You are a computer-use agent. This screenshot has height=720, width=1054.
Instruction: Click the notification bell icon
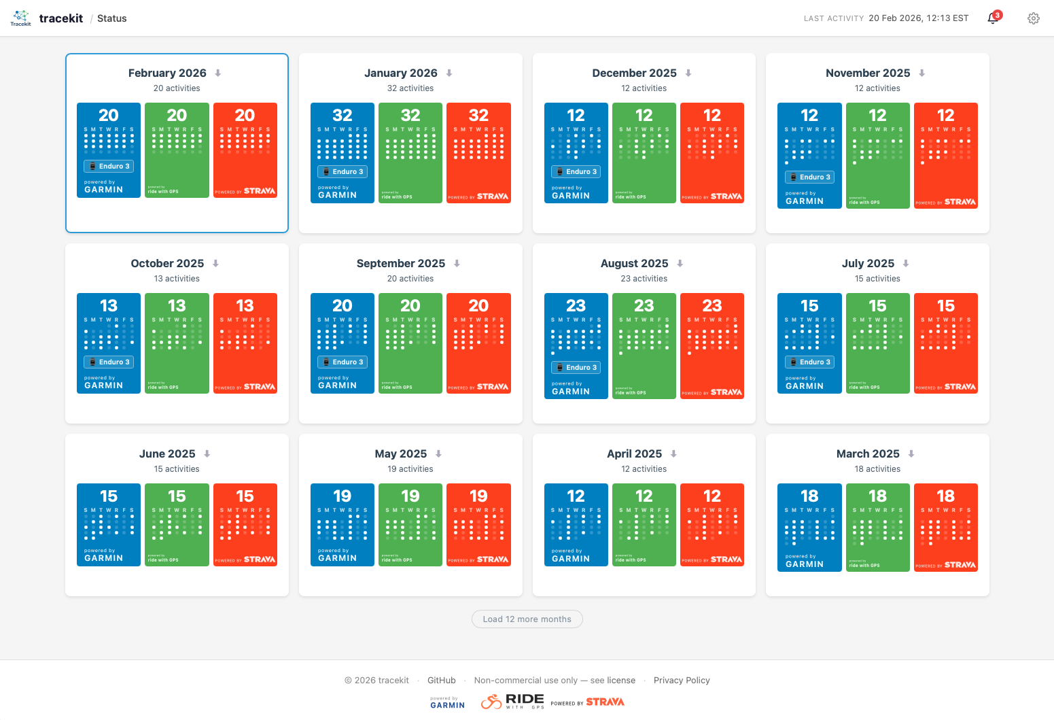993,18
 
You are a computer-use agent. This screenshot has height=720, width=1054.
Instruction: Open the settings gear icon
1033,18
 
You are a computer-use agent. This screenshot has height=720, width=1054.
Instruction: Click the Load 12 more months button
527,619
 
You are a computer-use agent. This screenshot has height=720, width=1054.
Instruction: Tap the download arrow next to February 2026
218,73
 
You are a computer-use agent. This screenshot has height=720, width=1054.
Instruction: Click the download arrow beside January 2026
449,73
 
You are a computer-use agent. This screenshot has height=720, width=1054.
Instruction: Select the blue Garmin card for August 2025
576,345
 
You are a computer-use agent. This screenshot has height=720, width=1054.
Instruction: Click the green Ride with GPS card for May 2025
410,524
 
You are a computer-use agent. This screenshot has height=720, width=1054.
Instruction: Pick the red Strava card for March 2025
945,527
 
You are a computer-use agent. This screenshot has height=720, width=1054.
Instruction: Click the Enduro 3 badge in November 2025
809,177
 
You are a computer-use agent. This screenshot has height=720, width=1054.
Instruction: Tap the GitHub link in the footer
441,680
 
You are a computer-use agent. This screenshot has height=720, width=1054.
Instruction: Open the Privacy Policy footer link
681,680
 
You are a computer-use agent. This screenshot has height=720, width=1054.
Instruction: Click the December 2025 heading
634,73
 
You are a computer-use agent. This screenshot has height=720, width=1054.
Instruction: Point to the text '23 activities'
644,279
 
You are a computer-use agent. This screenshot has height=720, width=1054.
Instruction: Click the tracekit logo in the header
21,18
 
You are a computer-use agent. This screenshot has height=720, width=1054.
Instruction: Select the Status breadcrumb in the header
111,18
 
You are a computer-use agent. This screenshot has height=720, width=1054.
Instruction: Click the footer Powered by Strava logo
587,702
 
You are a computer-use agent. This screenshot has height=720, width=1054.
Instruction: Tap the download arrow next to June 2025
207,453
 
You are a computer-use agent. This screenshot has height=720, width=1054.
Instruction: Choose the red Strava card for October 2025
245,343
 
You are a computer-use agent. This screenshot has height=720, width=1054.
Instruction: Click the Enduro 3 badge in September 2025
342,362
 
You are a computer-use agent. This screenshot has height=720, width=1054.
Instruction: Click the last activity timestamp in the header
918,18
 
